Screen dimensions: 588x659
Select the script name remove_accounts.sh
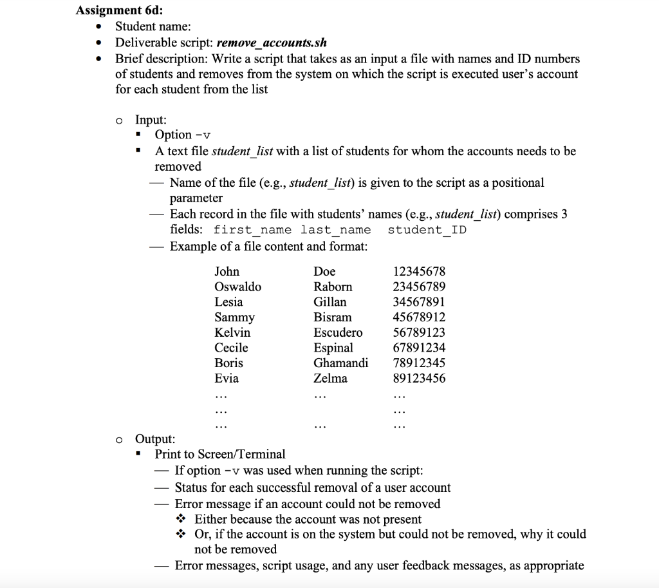coord(272,43)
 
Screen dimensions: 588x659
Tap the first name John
coord(227,272)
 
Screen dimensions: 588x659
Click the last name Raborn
coord(333,287)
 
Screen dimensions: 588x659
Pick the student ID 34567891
coord(419,302)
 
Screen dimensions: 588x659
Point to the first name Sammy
coord(234,318)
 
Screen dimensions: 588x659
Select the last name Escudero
coord(338,333)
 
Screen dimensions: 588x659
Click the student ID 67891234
coord(419,348)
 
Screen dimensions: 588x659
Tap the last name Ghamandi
coord(341,363)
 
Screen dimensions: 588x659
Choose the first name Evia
coord(227,379)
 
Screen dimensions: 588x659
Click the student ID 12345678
coord(419,272)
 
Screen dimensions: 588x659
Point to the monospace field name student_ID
coord(427,230)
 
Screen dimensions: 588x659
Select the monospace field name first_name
coord(252,230)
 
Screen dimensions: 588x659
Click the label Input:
coord(151,120)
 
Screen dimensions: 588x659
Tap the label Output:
coord(155,439)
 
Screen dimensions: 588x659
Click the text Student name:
coord(153,26)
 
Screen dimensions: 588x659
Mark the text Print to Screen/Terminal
coord(220,454)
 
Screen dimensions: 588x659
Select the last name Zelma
coord(330,379)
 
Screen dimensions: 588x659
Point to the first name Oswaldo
coord(237,287)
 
